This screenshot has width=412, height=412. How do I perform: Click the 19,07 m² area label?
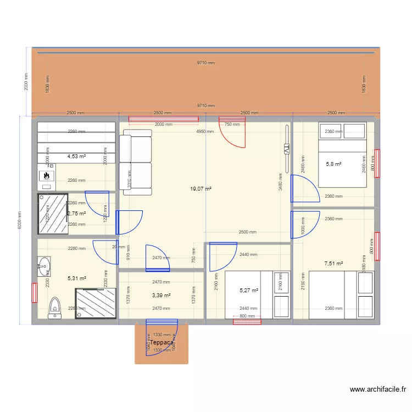pos(201,188)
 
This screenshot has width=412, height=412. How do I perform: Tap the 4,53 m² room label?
pos(76,156)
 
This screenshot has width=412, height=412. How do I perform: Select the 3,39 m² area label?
pos(161,296)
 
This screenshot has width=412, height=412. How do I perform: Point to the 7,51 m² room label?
pos(333,264)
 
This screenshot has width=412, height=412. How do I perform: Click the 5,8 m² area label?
pos(333,164)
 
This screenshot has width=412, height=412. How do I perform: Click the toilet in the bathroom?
pos(54,308)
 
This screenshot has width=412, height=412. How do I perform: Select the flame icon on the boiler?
pos(47,176)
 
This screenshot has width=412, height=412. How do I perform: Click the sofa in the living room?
pos(135,162)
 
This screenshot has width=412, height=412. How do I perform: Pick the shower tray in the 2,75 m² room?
pos(53,213)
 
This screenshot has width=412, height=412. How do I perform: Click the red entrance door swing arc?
pos(232,135)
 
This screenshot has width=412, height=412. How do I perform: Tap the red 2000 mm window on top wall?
pos(163,119)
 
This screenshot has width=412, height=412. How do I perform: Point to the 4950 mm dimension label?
pos(206,132)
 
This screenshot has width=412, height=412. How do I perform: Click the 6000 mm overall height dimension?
pos(19,221)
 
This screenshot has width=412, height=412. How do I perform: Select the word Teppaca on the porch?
pos(162,342)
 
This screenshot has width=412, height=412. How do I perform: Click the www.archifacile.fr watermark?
pos(378,389)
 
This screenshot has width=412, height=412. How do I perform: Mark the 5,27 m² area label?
pos(249,291)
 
